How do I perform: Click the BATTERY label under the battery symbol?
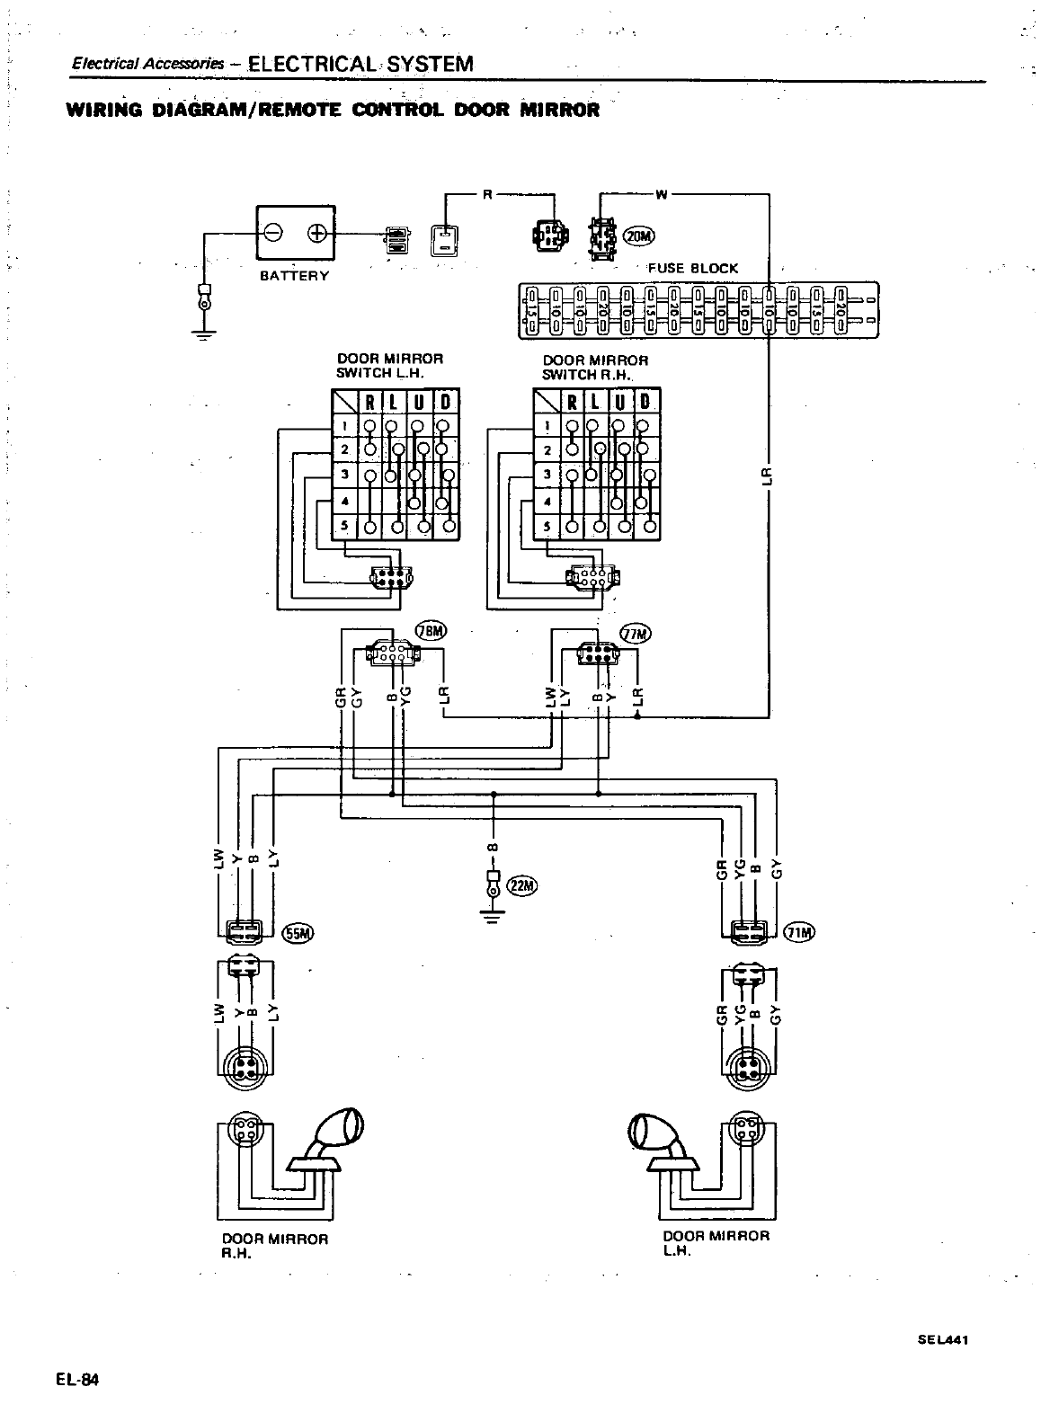[x=294, y=275]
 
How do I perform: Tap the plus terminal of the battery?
[x=316, y=234]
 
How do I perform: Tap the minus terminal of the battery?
[x=274, y=234]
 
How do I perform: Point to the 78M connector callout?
[x=430, y=631]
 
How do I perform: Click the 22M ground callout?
[x=520, y=885]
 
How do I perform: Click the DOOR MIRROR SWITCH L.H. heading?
[x=389, y=365]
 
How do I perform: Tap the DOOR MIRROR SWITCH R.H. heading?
[x=594, y=367]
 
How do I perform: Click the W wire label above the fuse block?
[x=663, y=192]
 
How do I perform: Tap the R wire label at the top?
[x=486, y=192]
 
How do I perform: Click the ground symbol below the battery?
[x=205, y=331]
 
